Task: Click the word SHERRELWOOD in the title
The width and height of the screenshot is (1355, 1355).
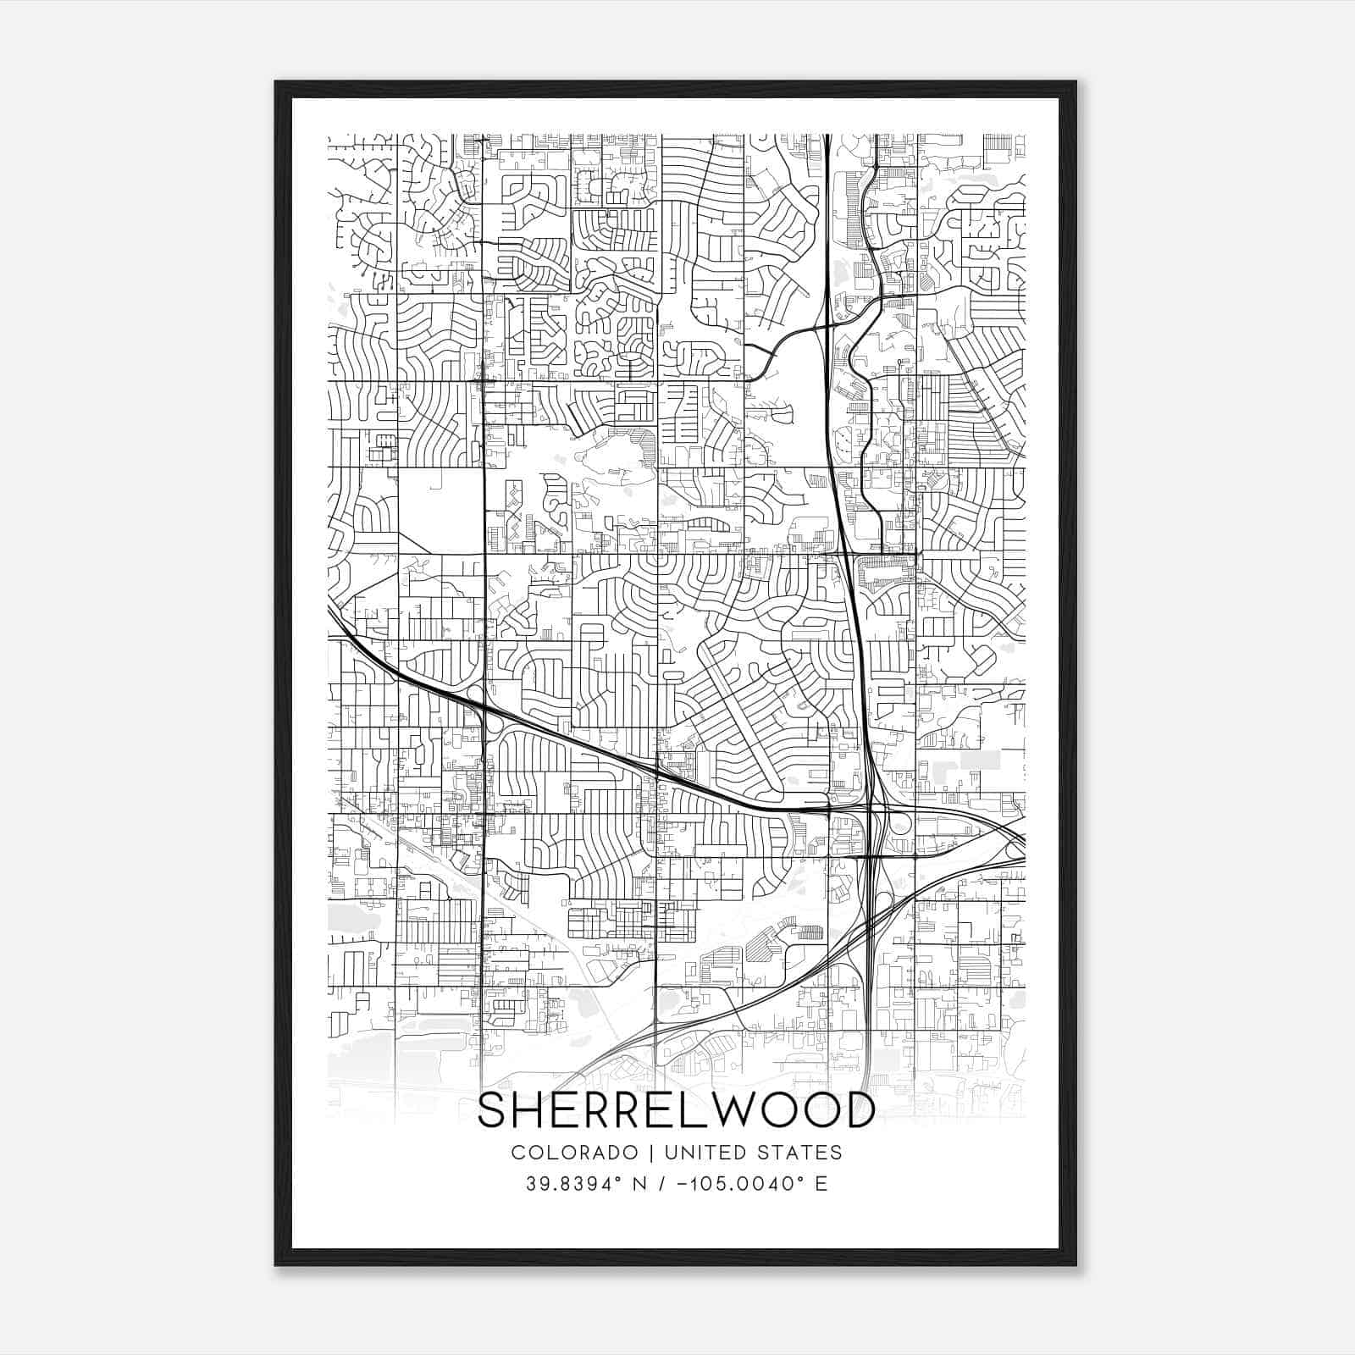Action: click(677, 1110)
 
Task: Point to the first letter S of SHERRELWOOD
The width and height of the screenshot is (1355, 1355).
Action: click(493, 1110)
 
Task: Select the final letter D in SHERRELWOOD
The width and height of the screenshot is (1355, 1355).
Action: click(860, 1110)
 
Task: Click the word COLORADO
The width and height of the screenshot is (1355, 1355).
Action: click(573, 1153)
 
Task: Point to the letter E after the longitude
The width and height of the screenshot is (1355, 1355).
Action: click(821, 1184)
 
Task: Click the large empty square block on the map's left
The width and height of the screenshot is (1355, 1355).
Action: click(440, 511)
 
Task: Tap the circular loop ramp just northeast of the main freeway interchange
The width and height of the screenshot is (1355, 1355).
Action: click(899, 821)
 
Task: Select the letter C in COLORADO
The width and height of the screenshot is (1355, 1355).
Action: click(517, 1153)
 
